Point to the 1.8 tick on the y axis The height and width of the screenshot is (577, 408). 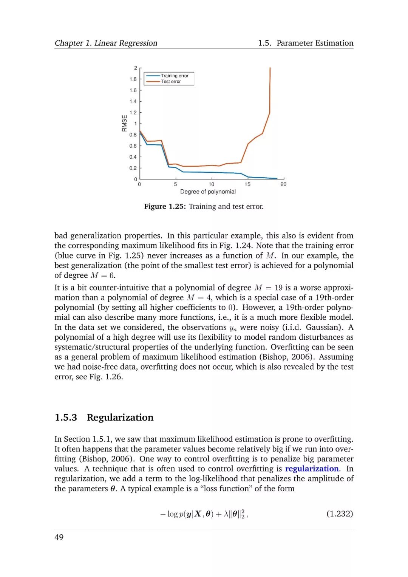133,79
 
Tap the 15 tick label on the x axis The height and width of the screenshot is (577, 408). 247,184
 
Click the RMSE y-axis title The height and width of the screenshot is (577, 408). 124,123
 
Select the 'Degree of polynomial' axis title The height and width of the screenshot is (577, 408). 208,192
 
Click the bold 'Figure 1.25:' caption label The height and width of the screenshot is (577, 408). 165,206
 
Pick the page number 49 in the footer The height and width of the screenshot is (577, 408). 59,537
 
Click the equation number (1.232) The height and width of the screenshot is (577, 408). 340,514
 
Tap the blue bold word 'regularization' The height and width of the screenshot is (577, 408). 312,469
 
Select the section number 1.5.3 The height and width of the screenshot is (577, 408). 66,418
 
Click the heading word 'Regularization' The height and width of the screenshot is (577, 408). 120,418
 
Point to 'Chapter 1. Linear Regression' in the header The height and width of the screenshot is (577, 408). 106,43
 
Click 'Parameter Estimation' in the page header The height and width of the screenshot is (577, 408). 315,43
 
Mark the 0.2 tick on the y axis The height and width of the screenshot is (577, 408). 133,168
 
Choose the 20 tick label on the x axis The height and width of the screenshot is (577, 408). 283,184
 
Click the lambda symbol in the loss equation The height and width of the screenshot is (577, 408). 226,514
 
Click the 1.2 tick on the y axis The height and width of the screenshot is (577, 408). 133,113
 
